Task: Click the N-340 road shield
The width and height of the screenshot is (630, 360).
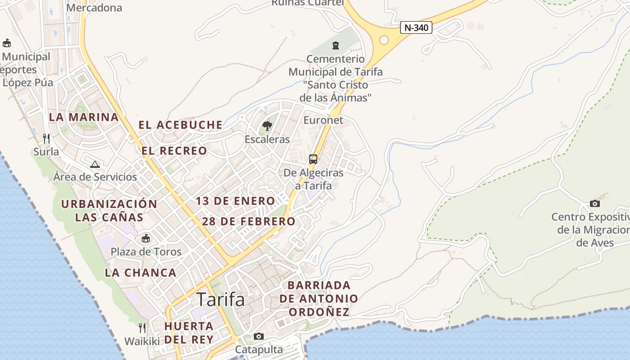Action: tap(416, 27)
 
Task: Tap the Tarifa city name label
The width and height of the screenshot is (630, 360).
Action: tap(220, 299)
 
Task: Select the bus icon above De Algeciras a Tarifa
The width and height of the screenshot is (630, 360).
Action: tap(313, 159)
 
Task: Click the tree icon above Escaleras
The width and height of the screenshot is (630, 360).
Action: tap(267, 126)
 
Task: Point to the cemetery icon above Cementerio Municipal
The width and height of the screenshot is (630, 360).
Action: tap(335, 45)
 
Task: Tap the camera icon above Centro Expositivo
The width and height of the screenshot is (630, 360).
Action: tap(595, 203)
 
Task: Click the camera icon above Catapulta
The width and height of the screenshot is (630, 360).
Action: tap(259, 336)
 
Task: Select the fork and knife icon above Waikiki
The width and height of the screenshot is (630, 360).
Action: tap(142, 328)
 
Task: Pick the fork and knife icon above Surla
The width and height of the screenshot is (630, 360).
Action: tap(46, 138)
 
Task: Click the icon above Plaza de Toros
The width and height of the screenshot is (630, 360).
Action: tap(146, 238)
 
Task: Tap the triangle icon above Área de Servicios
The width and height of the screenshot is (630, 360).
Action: tap(94, 164)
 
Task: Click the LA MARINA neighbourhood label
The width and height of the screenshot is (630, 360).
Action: tap(84, 117)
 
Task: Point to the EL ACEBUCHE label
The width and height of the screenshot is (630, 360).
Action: tap(180, 125)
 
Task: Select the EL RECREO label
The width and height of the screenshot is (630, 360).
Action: tap(175, 151)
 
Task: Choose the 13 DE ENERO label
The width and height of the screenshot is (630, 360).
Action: tap(235, 201)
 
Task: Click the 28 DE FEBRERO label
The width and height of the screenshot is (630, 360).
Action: tap(248, 221)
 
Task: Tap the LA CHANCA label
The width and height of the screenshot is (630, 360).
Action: tap(140, 273)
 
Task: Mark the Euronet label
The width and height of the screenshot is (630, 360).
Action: tap(323, 120)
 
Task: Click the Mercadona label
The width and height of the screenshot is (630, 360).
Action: tap(94, 8)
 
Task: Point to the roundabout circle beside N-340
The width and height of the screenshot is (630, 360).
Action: tap(384, 40)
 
